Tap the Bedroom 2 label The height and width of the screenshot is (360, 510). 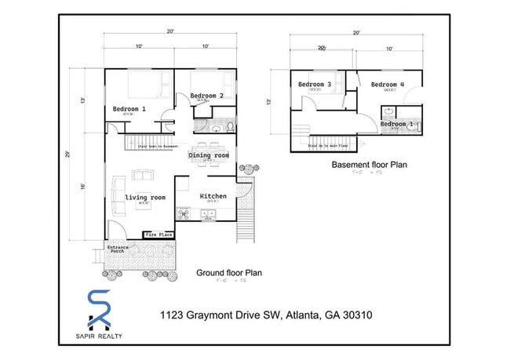pyautogui.click(x=206, y=96)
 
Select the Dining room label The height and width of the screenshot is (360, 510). pyautogui.click(x=209, y=156)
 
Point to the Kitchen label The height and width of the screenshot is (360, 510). pyautogui.click(x=213, y=196)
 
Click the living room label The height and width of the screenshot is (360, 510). pyautogui.click(x=145, y=197)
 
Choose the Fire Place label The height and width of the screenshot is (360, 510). pyautogui.click(x=158, y=235)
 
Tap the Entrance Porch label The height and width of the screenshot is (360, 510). pyautogui.click(x=117, y=250)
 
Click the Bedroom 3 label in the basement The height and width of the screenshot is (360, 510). pyautogui.click(x=314, y=84)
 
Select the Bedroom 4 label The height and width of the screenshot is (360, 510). pyautogui.click(x=387, y=85)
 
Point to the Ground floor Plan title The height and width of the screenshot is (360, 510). pyautogui.click(x=229, y=273)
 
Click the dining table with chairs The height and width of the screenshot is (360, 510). pyautogui.click(x=209, y=147)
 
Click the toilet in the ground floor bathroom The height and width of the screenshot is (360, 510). pyautogui.click(x=229, y=125)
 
